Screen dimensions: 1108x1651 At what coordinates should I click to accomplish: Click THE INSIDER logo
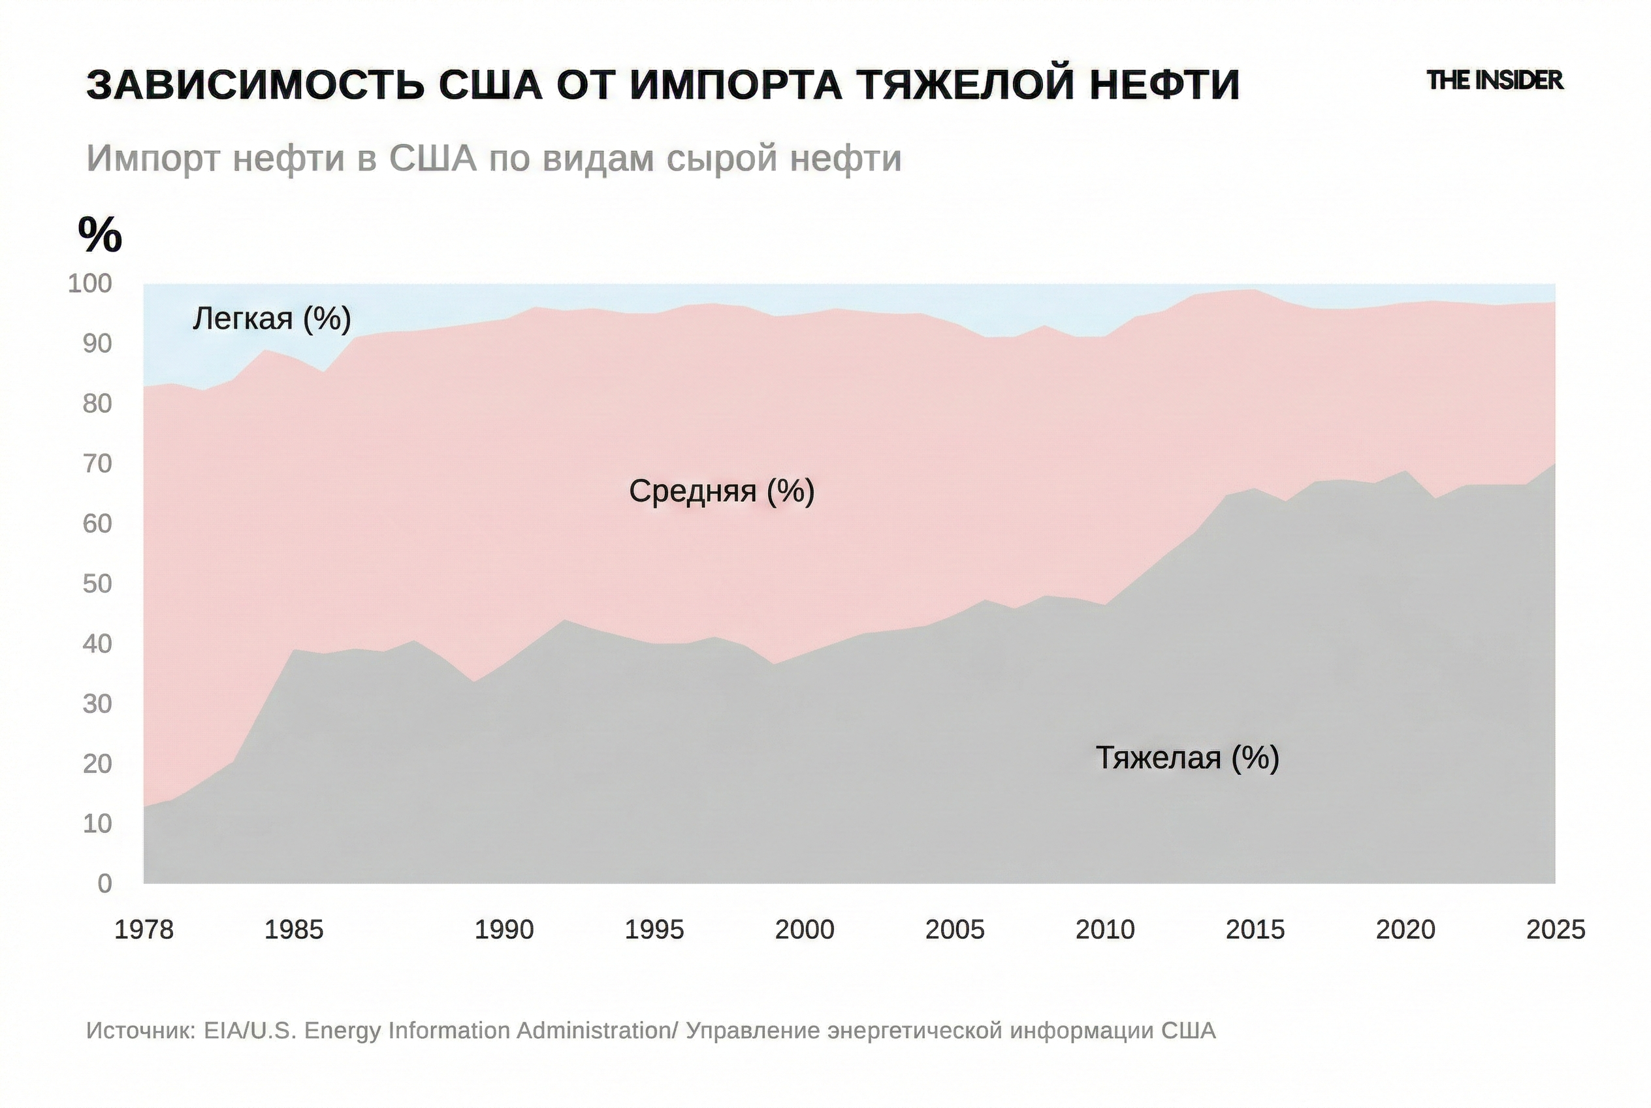(1494, 80)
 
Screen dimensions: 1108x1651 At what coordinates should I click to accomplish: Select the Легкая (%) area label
(272, 319)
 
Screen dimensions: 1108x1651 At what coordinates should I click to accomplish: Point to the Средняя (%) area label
(721, 491)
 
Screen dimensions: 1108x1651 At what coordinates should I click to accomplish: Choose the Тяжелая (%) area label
(1187, 758)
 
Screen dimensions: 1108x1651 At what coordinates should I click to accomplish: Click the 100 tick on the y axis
(89, 284)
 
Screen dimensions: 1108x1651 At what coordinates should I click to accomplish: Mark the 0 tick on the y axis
(104, 883)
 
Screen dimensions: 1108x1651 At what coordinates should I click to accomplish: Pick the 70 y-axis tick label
(97, 464)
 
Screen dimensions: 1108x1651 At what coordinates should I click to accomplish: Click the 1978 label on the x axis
(144, 930)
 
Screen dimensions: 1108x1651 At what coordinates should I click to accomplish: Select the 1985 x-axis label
(294, 930)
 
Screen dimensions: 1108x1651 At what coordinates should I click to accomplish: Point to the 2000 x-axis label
(805, 930)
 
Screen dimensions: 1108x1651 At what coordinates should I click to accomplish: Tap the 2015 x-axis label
(1255, 930)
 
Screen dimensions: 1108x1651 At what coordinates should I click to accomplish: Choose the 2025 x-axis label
(1556, 930)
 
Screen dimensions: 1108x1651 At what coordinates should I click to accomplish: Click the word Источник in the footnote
(140, 1031)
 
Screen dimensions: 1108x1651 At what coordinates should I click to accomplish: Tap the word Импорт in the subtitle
(153, 158)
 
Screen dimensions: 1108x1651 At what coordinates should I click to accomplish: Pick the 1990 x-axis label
(504, 930)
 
